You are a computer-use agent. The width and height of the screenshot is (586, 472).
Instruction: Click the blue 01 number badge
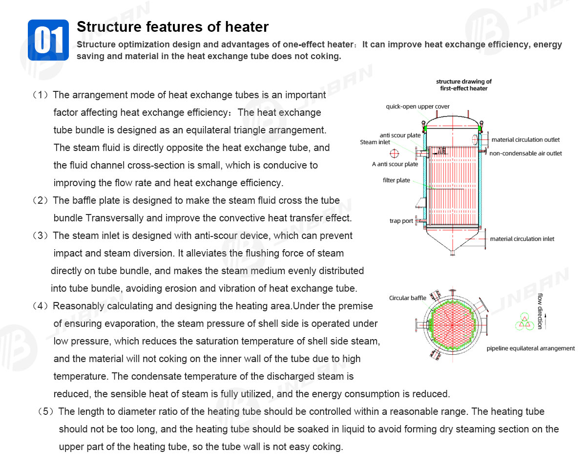(48, 40)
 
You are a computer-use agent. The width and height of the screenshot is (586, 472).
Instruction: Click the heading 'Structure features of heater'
(173, 27)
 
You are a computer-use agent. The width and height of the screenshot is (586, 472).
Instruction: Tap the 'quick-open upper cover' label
(418, 107)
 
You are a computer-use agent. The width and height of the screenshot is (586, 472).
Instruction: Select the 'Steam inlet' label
(375, 142)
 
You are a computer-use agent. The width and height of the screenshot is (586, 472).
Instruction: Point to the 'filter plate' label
(396, 180)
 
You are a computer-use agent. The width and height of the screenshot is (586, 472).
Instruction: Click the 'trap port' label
(401, 221)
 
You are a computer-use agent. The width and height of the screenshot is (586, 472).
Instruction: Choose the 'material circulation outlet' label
(525, 140)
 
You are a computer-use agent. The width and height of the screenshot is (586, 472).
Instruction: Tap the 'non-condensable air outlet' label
(525, 153)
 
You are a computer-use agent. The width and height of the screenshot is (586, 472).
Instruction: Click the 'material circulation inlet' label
(522, 239)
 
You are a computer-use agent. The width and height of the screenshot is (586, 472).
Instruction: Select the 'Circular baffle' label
(407, 298)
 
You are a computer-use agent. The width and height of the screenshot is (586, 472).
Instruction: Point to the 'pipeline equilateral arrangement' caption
(530, 348)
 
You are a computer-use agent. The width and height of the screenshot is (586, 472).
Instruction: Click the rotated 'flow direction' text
(540, 311)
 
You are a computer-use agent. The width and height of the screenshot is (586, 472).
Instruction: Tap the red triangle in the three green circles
(524, 322)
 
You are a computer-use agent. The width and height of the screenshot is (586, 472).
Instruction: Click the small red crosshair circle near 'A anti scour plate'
(394, 153)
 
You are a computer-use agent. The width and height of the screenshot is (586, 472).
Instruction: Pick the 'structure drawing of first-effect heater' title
(464, 85)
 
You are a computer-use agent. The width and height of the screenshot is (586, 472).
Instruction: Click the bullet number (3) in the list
(41, 236)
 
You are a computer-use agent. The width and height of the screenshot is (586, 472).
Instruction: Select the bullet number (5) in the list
(46, 411)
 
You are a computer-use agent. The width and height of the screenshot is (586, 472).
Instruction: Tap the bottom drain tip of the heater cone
(452, 254)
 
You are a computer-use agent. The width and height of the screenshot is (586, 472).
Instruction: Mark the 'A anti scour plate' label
(395, 164)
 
